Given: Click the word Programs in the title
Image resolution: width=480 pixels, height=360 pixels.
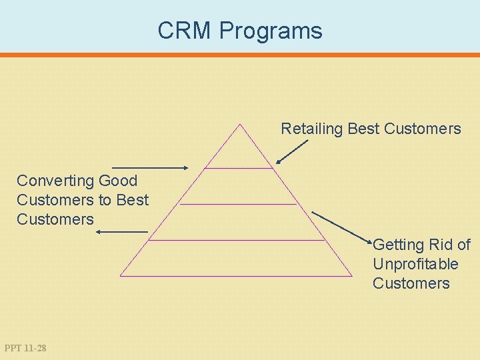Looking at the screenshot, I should [270, 31].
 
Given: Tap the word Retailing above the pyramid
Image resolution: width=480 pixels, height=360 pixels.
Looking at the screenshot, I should [311, 129].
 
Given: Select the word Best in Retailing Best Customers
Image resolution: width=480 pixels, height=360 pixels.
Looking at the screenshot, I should [363, 129].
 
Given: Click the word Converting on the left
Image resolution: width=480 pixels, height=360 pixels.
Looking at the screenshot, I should [55, 181].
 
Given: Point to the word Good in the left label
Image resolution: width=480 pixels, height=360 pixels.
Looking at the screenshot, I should [118, 181].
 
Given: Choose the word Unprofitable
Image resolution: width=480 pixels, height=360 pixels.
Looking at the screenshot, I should [415, 264].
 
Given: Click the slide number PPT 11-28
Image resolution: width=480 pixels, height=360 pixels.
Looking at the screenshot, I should [25, 348].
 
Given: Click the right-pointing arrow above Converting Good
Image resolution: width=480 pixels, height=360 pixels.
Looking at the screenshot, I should [151, 168].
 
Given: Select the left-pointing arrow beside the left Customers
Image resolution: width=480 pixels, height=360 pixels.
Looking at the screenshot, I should [122, 231].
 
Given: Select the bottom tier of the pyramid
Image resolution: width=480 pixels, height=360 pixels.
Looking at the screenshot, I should [236, 258].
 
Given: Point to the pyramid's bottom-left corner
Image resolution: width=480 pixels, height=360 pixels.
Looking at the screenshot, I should [121, 275].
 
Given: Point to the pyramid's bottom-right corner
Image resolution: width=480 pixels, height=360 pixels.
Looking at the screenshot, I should [352, 275].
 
